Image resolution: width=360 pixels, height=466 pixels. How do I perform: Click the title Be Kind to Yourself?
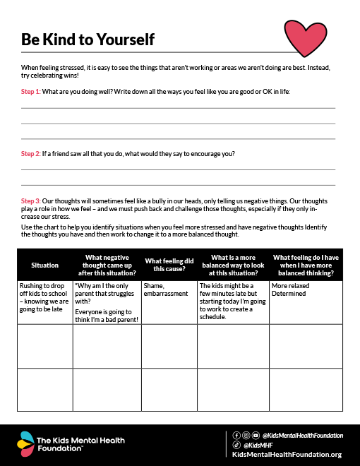[88, 40]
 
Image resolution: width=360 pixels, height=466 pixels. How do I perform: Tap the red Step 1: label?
[31, 92]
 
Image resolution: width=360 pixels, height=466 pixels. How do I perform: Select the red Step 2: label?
[31, 153]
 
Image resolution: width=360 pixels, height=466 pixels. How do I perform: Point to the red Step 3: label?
[31, 201]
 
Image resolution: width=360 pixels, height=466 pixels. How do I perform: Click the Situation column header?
[44, 265]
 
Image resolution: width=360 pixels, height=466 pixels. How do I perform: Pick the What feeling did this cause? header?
[169, 265]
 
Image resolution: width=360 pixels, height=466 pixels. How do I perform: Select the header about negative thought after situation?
[107, 265]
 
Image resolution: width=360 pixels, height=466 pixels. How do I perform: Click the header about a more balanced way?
[234, 265]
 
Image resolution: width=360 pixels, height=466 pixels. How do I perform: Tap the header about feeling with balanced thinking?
[306, 265]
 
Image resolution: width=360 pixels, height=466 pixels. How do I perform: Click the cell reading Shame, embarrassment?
[169, 289]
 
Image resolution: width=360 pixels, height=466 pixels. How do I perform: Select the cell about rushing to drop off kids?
[44, 297]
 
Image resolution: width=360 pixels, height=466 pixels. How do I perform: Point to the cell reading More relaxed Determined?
[306, 289]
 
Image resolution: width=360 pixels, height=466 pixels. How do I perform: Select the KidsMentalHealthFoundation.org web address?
[287, 455]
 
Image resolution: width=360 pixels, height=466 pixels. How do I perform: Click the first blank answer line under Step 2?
[178, 169]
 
